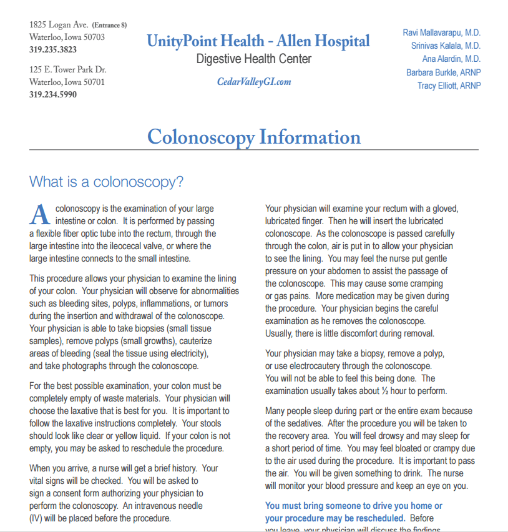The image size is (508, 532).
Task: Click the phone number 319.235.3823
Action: click(53, 49)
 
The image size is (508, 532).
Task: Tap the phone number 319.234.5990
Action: click(53, 95)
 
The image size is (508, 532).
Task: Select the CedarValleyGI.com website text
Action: click(254, 82)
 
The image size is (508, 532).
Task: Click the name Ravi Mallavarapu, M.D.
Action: click(442, 32)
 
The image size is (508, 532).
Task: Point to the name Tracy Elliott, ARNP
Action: click(449, 86)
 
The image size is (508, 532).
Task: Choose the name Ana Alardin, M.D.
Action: click(451, 59)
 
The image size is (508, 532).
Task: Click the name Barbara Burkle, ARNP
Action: click(444, 72)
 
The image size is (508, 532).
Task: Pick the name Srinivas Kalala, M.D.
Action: click(446, 46)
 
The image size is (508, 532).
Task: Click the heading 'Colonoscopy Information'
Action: click(254, 137)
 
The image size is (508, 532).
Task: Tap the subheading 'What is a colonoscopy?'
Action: click(106, 182)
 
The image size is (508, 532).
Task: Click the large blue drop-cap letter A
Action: click(39, 214)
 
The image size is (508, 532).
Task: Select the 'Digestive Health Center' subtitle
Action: click(254, 59)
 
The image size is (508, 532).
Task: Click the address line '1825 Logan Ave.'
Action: click(59, 25)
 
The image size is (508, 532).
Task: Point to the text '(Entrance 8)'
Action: click(110, 25)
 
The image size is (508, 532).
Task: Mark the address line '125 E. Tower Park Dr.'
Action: click(68, 69)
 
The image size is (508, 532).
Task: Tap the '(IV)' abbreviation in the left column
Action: click(37, 518)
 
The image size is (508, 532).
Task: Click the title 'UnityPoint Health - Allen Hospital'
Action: click(258, 41)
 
